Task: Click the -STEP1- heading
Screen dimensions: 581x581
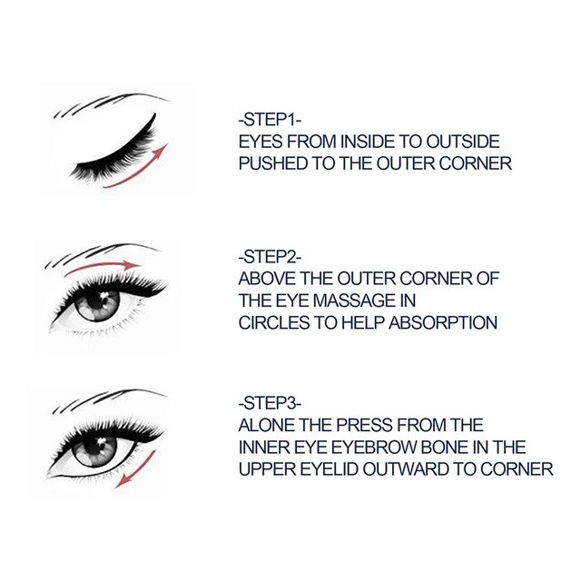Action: (x=271, y=120)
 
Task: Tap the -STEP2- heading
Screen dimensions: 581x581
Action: (x=271, y=257)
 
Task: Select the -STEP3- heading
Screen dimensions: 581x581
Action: (x=271, y=403)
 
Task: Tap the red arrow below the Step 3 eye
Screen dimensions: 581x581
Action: (x=136, y=469)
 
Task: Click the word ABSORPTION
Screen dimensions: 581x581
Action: (x=443, y=323)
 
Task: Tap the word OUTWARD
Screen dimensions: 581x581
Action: (x=406, y=469)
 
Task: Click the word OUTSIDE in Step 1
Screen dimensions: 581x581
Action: (x=463, y=142)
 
